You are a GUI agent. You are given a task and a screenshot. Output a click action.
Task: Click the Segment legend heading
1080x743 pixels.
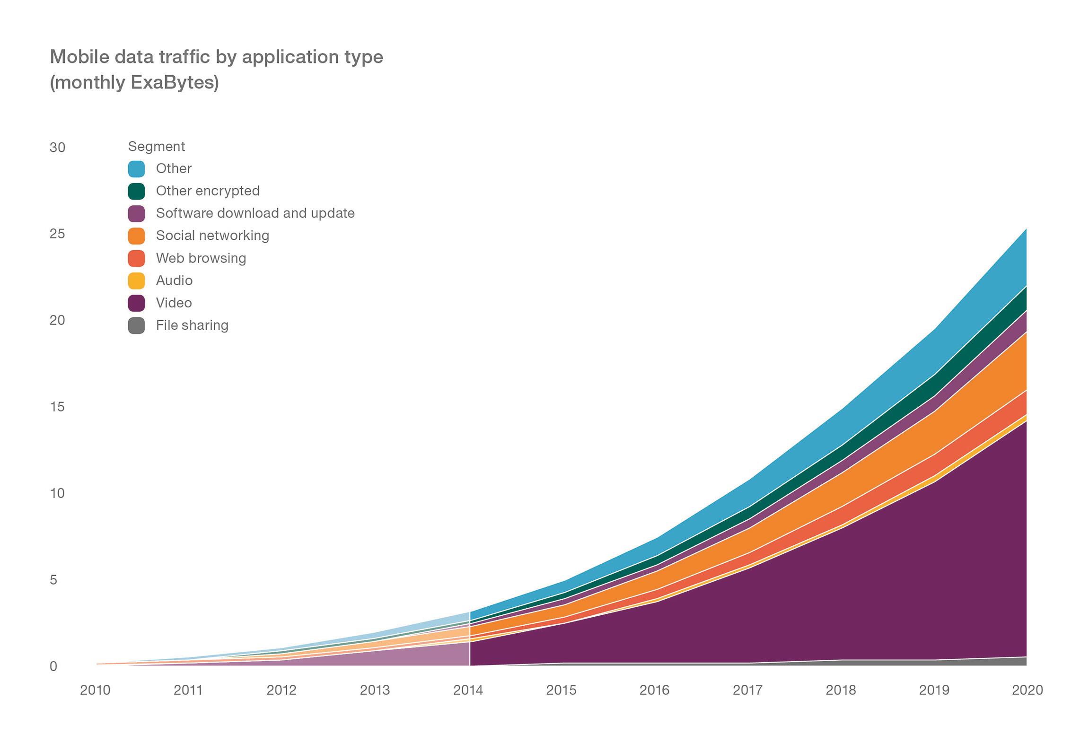coord(156,147)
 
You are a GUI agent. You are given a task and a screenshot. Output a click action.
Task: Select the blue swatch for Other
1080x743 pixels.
coord(136,169)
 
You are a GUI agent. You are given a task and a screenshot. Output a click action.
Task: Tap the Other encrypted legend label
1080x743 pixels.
coord(208,191)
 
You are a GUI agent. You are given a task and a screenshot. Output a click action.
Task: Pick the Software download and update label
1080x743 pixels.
coord(255,213)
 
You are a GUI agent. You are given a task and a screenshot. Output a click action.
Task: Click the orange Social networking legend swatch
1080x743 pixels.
coord(136,236)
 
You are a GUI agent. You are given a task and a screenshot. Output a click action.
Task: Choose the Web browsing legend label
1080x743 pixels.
coord(201,258)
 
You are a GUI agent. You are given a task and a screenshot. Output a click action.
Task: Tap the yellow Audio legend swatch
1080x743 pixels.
coord(136,280)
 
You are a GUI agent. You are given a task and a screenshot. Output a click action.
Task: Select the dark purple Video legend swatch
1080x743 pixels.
coord(136,303)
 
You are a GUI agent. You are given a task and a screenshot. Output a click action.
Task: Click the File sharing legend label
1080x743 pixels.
coord(192,325)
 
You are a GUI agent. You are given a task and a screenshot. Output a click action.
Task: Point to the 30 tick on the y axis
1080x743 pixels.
coord(57,148)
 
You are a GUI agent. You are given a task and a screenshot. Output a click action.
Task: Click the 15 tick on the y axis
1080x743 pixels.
coord(57,407)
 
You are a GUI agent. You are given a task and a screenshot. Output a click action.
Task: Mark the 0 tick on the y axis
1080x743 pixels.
coord(53,666)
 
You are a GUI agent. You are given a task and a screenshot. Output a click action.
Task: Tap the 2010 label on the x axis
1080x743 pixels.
coord(95,690)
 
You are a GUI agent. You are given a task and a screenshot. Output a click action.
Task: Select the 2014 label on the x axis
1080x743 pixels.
coord(468,690)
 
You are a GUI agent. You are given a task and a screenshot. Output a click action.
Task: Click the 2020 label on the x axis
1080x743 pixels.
coord(1027,690)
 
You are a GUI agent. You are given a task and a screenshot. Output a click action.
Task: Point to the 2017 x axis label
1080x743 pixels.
coord(747,690)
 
